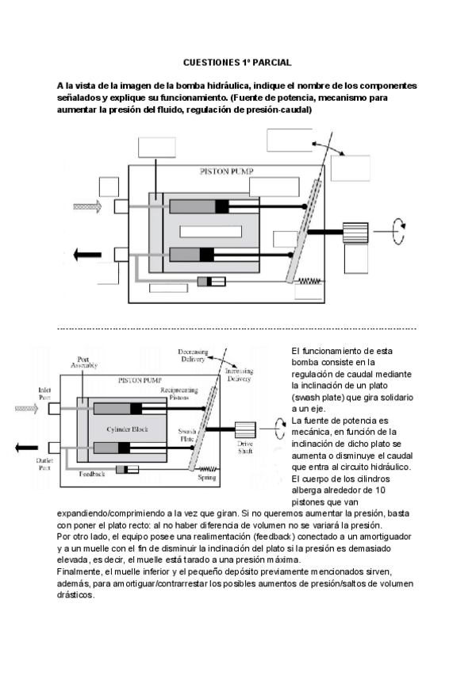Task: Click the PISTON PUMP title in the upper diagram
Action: pyautogui.click(x=225, y=171)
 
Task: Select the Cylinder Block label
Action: pyautogui.click(x=129, y=429)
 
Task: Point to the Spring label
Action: pyautogui.click(x=206, y=478)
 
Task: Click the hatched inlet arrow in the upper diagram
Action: pyautogui.click(x=86, y=206)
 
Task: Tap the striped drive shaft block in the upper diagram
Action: pyautogui.click(x=355, y=232)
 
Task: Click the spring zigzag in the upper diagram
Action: pyautogui.click(x=307, y=280)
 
